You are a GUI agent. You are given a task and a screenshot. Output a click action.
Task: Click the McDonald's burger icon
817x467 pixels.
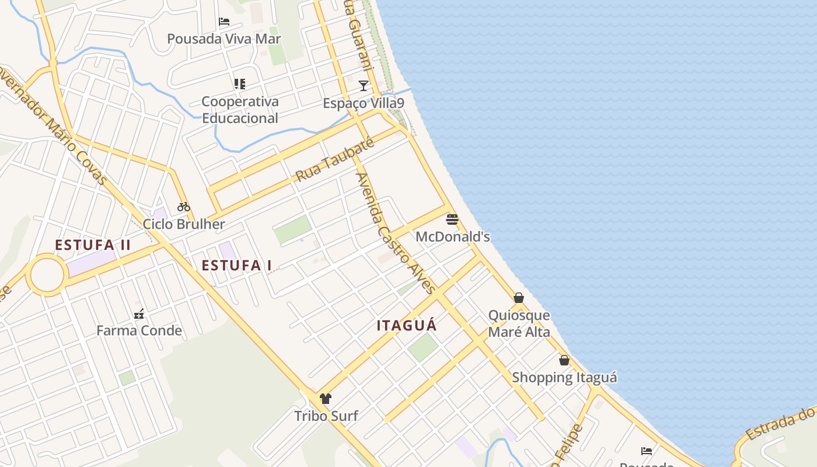click(x=452, y=219)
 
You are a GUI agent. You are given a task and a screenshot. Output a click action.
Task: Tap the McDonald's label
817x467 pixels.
click(x=452, y=236)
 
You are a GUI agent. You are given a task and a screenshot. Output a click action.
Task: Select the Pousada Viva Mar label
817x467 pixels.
click(x=224, y=39)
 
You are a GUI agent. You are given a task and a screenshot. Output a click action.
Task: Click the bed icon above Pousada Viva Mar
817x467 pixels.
click(x=224, y=22)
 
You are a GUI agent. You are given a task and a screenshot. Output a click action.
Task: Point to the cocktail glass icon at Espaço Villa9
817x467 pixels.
click(x=364, y=86)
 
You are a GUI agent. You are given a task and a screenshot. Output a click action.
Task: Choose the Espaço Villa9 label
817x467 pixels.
click(x=364, y=103)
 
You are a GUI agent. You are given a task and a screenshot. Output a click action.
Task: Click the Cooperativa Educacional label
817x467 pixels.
click(x=240, y=110)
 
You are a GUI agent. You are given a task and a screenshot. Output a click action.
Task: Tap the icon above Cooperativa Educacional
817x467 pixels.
click(x=240, y=84)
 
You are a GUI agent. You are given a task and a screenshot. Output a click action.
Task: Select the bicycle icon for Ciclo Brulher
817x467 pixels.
click(x=184, y=206)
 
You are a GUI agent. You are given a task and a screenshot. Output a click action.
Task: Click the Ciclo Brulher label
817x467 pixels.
click(x=184, y=224)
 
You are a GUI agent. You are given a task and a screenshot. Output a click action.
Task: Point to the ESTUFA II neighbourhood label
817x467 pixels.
click(x=93, y=245)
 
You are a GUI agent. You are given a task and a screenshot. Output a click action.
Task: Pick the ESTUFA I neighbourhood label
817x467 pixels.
click(x=237, y=266)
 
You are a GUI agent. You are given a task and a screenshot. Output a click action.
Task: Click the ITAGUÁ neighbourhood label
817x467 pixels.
click(x=407, y=326)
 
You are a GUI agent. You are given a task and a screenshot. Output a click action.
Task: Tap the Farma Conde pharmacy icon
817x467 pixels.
click(x=139, y=314)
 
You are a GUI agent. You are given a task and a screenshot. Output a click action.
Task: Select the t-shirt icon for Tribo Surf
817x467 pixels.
click(x=326, y=399)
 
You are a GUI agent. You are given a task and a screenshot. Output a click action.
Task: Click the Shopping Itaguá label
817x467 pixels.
click(x=564, y=378)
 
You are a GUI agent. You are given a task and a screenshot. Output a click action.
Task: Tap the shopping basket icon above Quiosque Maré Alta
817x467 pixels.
click(x=519, y=298)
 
